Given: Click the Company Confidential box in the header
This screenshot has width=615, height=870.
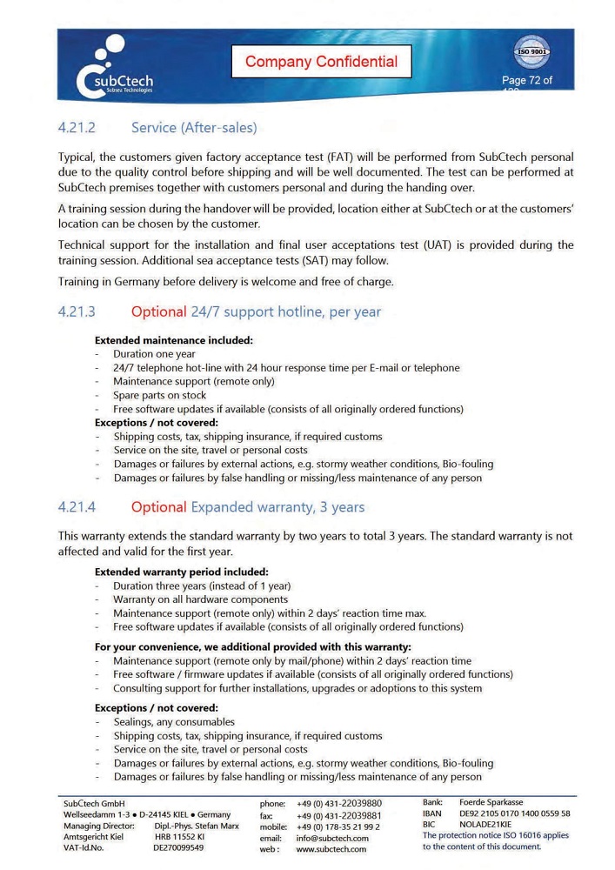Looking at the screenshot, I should [x=321, y=62].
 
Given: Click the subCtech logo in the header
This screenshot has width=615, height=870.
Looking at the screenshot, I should [x=115, y=67].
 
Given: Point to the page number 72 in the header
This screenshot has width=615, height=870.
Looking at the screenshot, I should [x=526, y=81].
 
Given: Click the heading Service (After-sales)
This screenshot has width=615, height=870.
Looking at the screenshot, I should [x=194, y=128].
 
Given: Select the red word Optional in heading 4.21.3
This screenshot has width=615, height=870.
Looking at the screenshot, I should [x=158, y=311].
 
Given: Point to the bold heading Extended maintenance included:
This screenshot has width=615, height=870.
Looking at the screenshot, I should [x=173, y=340].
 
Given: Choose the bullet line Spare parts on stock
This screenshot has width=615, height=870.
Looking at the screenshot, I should [x=159, y=395].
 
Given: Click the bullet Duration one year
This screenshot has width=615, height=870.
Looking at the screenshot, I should [x=154, y=354].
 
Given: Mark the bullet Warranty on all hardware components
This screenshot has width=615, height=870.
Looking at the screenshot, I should [x=200, y=599].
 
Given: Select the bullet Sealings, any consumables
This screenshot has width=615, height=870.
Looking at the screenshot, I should [x=174, y=721].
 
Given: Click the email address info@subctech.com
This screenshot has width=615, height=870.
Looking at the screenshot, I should [x=332, y=838].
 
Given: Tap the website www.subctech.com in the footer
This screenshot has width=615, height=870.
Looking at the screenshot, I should [x=331, y=849].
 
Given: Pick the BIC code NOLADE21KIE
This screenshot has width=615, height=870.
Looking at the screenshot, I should [x=485, y=824].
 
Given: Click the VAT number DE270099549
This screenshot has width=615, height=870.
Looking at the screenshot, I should [x=178, y=847].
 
